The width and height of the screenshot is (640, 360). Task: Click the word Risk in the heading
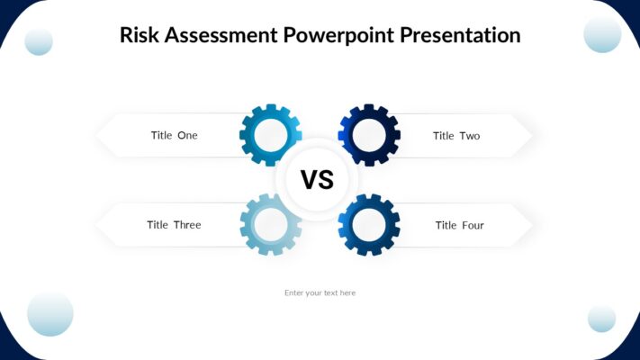pos(138,36)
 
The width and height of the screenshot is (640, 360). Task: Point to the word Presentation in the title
pos(460,36)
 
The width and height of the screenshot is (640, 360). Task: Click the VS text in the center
pos(317,180)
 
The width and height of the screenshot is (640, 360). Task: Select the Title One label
pos(174,136)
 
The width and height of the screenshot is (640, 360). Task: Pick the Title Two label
pos(456,136)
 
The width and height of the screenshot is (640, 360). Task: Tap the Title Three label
pos(174,225)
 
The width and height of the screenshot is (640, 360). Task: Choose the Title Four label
pos(459,225)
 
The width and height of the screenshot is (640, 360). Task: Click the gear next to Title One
pos(270,135)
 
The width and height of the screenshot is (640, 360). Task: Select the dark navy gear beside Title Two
pos(369,135)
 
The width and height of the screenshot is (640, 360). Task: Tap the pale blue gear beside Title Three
pos(270,225)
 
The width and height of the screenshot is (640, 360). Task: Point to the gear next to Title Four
pos(369,225)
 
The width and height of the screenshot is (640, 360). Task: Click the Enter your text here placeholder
pos(320,292)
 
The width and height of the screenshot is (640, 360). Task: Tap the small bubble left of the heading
pos(39,41)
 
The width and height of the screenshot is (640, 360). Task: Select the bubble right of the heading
pos(602,34)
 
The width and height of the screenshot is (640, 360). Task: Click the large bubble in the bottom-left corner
pos(50,314)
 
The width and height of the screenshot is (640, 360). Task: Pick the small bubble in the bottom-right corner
pos(601,319)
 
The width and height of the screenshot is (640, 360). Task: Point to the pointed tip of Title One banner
pos(98,136)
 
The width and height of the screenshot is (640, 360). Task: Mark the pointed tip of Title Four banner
pos(530,225)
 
